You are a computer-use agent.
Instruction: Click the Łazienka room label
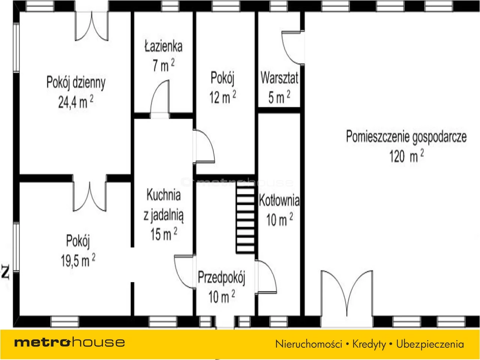point(163,46)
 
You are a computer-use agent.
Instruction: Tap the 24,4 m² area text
point(76,102)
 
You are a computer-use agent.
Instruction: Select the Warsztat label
point(279,78)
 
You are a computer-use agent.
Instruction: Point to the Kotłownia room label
point(279,200)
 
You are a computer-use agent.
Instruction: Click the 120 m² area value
point(406,156)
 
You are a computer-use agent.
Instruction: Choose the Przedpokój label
point(222,277)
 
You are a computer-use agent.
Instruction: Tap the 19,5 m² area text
point(78,260)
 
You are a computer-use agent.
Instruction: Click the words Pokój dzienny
point(76,82)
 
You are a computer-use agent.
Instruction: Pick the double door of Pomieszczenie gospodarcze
point(347,293)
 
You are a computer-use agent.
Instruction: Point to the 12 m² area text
point(223,97)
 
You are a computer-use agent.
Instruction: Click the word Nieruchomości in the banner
point(309,344)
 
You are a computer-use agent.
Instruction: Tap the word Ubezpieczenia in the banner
point(430,344)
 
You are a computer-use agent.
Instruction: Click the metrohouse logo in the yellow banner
point(69,342)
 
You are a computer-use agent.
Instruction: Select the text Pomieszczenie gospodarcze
point(406,137)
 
